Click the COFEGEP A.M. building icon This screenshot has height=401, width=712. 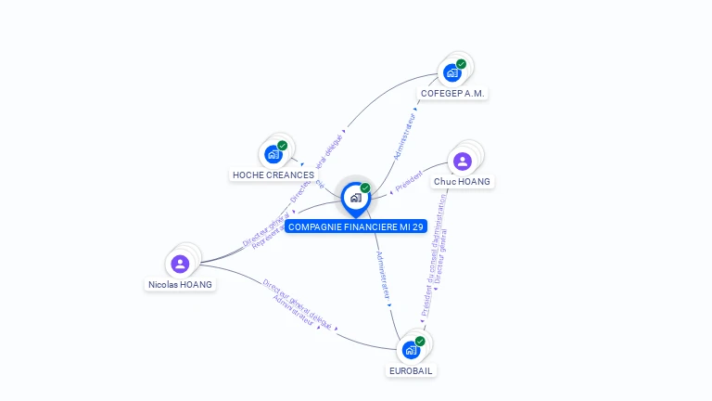click(x=451, y=72)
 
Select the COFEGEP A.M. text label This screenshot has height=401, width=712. click(x=452, y=94)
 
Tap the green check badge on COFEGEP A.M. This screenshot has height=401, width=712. click(x=461, y=64)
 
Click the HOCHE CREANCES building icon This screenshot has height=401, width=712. click(x=273, y=154)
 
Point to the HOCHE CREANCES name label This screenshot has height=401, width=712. click(x=273, y=175)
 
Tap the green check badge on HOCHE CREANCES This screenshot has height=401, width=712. click(x=282, y=146)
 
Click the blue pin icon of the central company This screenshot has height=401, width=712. click(x=355, y=198)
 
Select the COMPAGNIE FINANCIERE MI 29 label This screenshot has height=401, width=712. click(x=356, y=226)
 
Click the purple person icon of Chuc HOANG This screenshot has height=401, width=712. click(x=462, y=162)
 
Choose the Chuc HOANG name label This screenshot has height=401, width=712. click(x=463, y=182)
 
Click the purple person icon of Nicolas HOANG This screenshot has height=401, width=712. click(x=180, y=264)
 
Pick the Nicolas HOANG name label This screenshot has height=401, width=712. click(x=180, y=285)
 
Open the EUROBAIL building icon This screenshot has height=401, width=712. click(x=410, y=351)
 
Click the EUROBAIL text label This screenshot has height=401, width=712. click(x=411, y=370)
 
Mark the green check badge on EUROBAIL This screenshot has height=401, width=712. click(x=420, y=342)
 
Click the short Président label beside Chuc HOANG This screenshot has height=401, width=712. click(x=409, y=183)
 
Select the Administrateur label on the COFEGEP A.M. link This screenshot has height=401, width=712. click(x=405, y=136)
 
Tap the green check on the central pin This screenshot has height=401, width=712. click(x=365, y=188)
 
